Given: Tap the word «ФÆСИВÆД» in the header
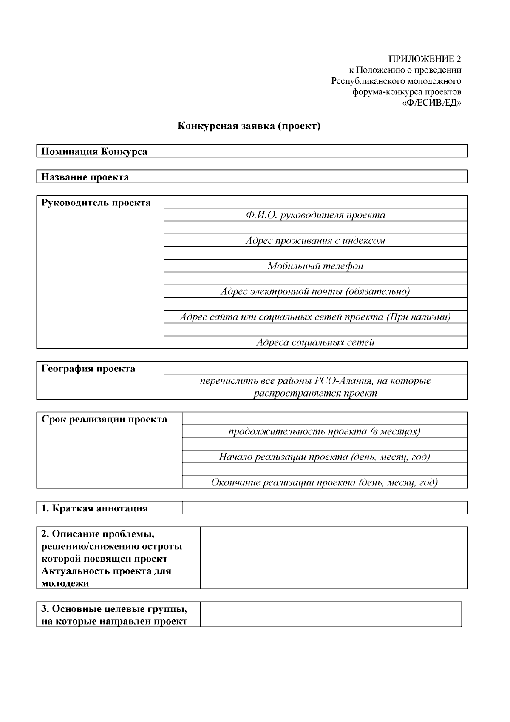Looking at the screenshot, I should [432, 103].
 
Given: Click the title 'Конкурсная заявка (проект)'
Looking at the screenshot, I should [249, 126].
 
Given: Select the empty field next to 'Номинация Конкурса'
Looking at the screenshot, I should [315, 151].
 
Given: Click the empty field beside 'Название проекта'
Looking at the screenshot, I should [315, 177].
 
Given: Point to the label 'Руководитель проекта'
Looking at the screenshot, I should [96, 203].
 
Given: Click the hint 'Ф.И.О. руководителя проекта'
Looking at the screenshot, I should [315, 215].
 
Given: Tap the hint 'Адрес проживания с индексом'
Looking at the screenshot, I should [315, 241].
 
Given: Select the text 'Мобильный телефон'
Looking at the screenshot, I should [315, 266].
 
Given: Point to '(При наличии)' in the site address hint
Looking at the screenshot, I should [419, 317].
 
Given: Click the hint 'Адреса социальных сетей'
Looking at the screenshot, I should [315, 342].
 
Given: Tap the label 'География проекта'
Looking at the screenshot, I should [88, 369].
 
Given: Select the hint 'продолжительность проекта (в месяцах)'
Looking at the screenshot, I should [324, 431].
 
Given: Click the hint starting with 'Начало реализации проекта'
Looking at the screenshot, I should [324, 457].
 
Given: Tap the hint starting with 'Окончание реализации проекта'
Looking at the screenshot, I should [324, 482].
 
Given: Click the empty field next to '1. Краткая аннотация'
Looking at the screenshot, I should [324, 508].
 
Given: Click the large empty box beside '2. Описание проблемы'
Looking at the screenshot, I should [334, 558].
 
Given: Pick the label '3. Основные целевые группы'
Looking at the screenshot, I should [114, 609].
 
